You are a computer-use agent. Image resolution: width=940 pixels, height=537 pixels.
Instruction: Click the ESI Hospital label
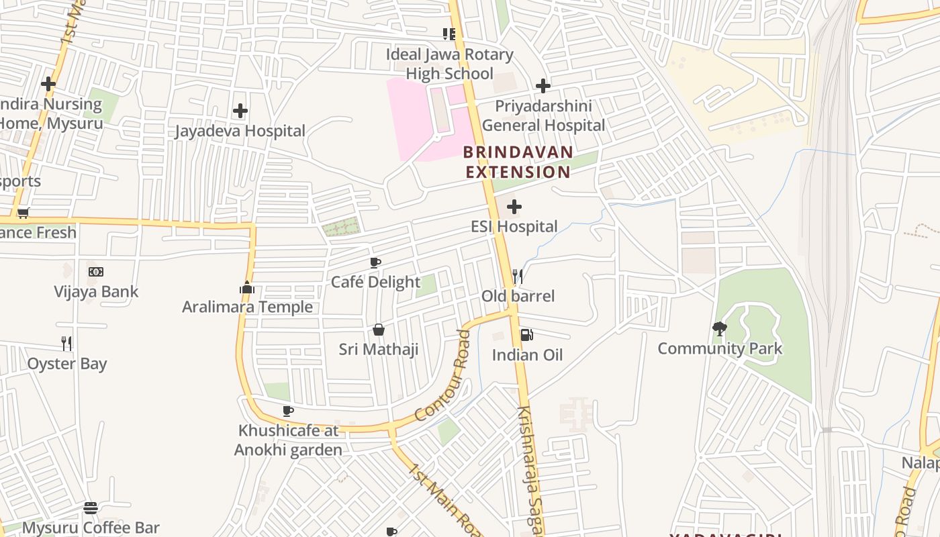click(x=514, y=227)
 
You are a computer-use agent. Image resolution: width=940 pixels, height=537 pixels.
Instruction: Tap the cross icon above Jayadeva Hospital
click(x=240, y=111)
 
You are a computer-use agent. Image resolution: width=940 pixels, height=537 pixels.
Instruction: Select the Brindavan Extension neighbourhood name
click(x=518, y=162)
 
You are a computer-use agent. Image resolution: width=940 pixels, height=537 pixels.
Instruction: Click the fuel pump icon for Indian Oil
click(x=527, y=335)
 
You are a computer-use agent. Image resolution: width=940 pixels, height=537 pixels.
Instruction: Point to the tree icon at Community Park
click(x=720, y=328)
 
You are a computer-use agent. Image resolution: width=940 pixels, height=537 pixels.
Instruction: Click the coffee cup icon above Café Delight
click(x=375, y=262)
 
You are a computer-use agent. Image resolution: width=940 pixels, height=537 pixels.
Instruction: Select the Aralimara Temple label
click(x=248, y=307)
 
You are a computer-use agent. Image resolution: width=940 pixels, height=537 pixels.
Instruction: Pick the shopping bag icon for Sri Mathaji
click(x=379, y=330)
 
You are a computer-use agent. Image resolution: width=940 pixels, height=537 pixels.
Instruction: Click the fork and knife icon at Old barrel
click(x=518, y=276)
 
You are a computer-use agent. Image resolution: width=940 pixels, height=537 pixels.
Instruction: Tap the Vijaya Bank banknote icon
click(x=96, y=272)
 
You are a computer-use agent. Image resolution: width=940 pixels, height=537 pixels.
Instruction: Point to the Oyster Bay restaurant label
click(x=67, y=364)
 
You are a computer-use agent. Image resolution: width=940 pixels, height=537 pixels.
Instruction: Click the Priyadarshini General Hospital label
click(x=544, y=116)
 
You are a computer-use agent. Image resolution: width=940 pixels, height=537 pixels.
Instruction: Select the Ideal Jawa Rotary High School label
click(x=449, y=64)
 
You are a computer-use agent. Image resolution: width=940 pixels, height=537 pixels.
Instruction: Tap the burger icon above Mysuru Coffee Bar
click(x=91, y=508)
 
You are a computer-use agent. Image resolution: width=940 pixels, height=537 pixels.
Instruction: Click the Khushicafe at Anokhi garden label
click(x=288, y=440)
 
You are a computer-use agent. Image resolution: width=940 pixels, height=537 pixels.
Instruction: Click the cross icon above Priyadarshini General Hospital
click(x=543, y=86)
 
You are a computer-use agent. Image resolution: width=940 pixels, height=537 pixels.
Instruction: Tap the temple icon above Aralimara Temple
click(x=247, y=288)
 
